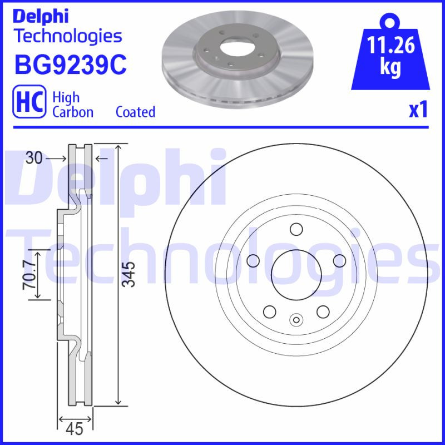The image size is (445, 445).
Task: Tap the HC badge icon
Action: click(28, 103)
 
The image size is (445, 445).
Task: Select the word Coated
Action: click(135, 112)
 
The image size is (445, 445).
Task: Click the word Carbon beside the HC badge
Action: click(72, 112)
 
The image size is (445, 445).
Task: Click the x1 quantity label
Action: click(418, 110)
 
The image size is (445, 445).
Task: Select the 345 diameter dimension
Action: click(129, 274)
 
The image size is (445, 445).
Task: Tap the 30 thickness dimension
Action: click(34, 159)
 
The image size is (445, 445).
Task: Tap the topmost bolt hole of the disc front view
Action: click(295, 229)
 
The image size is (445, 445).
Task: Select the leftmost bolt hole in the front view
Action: click(253, 260)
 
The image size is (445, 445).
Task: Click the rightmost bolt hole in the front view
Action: click(338, 260)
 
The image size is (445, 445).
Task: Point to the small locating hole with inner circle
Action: click(296, 319)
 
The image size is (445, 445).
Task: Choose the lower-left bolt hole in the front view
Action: click(270, 310)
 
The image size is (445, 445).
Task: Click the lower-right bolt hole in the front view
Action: click(322, 310)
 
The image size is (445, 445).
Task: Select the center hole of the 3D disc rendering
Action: click(230, 48)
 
